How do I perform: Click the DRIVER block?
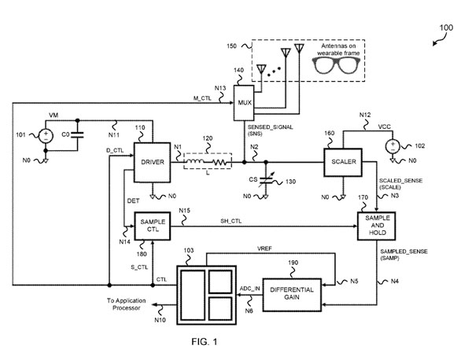click(x=153, y=162)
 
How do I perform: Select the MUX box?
click(x=244, y=103)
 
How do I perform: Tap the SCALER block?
click(x=343, y=162)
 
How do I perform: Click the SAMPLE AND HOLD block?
click(x=377, y=226)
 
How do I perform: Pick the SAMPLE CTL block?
click(x=153, y=226)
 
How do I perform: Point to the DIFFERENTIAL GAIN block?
click(x=292, y=295)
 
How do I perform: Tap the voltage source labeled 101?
click(x=46, y=136)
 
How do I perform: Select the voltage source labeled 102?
click(x=393, y=146)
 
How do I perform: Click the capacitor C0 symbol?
click(x=77, y=135)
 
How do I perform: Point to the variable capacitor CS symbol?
click(x=266, y=180)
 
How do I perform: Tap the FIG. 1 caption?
click(x=205, y=342)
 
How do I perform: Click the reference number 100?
click(x=446, y=28)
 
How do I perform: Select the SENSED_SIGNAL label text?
click(x=270, y=127)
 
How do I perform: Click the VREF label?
click(x=264, y=249)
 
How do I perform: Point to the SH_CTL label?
click(x=230, y=221)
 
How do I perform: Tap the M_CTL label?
click(x=202, y=98)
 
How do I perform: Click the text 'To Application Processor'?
click(x=127, y=304)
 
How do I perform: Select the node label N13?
click(x=220, y=88)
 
